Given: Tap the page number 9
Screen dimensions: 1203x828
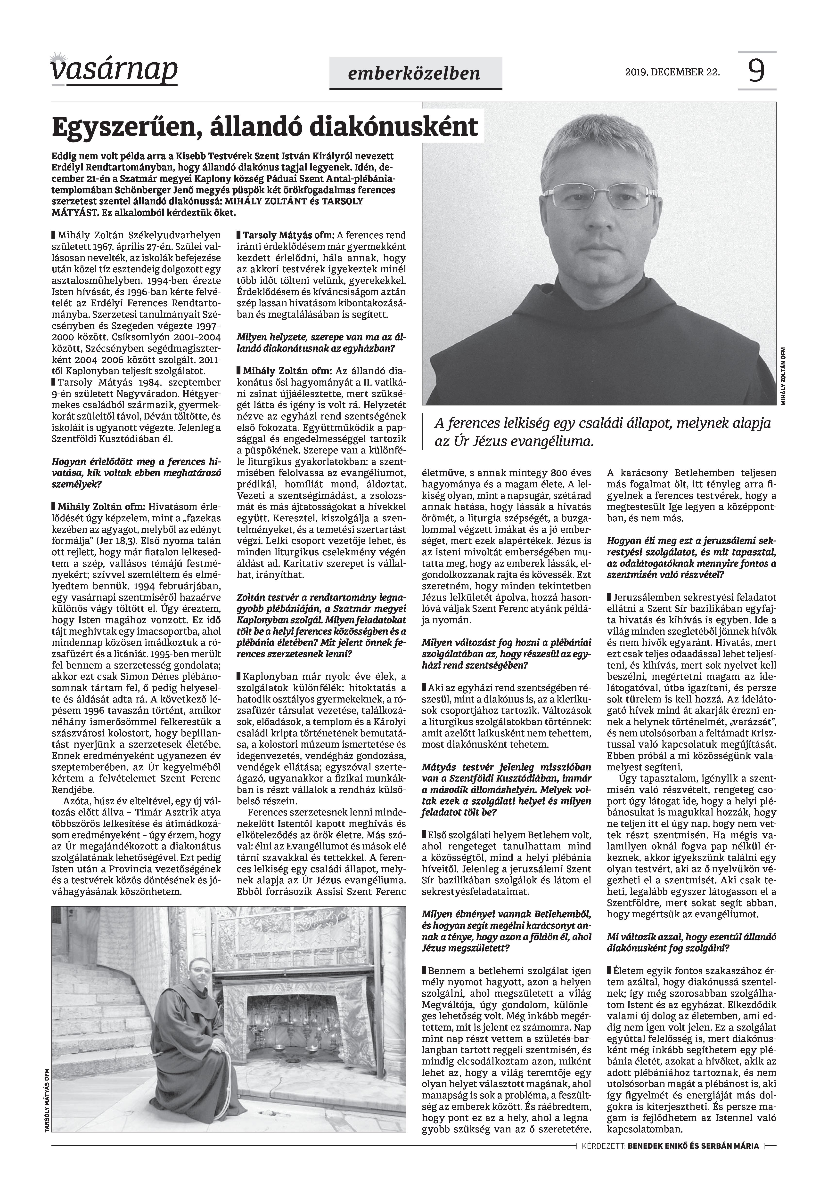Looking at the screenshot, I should (756, 72).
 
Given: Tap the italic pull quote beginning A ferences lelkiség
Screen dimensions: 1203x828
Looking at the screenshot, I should (602, 432).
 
